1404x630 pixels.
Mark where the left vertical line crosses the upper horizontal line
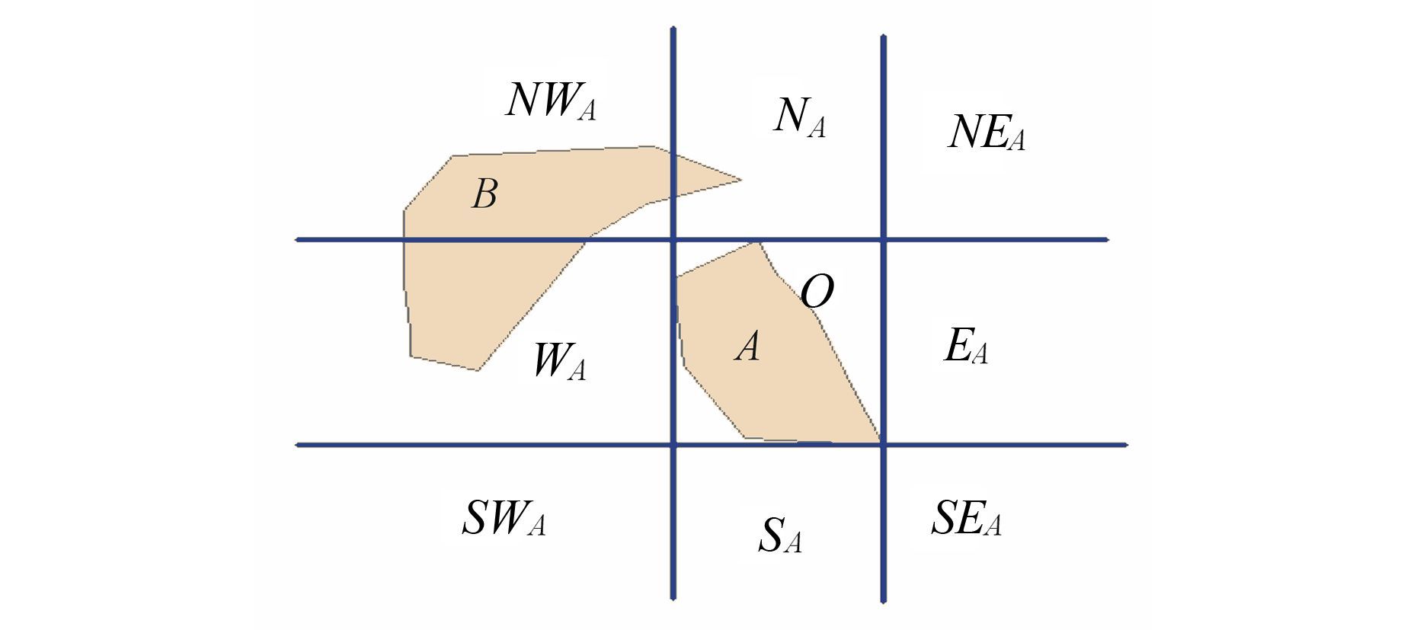pos(673,240)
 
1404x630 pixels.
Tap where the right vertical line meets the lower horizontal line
pos(883,445)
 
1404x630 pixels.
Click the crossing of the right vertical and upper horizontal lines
pos(883,240)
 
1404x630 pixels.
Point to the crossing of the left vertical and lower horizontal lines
pos(673,445)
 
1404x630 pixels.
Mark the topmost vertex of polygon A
pos(758,243)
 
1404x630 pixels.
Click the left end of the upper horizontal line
pos(297,240)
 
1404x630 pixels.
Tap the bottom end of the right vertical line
pos(883,602)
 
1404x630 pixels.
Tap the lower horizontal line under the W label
pos(485,445)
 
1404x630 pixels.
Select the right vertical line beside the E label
pos(883,343)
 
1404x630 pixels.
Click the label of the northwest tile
pos(551,101)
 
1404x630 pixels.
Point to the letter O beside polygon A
pos(817,291)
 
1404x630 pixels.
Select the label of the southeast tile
pos(966,519)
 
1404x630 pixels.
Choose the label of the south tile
pos(780,535)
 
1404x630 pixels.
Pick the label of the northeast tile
pos(987,133)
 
